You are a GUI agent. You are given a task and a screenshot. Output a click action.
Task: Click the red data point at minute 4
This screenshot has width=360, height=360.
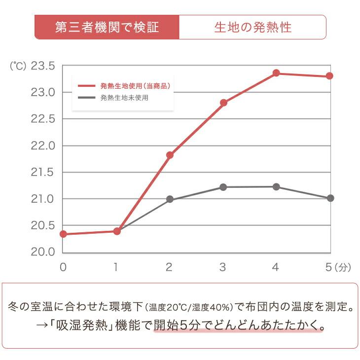pyautogui.click(x=276, y=73)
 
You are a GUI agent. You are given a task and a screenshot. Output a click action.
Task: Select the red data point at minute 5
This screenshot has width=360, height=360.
pyautogui.click(x=329, y=76)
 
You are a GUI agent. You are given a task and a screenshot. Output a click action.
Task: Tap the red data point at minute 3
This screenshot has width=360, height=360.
pyautogui.click(x=223, y=103)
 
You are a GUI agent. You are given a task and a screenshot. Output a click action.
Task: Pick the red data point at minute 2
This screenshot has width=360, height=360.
pyautogui.click(x=170, y=155)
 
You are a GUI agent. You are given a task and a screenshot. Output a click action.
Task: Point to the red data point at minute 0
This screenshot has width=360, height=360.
pyautogui.click(x=63, y=234)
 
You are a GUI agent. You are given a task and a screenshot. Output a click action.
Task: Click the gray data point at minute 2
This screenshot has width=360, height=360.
pyautogui.click(x=170, y=199)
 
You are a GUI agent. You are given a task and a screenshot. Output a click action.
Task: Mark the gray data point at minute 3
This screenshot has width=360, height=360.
pyautogui.click(x=223, y=187)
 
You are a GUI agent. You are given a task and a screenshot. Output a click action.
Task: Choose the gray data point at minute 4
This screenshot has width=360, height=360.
pyautogui.click(x=276, y=187)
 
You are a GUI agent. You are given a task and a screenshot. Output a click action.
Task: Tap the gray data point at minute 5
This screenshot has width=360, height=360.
pyautogui.click(x=330, y=198)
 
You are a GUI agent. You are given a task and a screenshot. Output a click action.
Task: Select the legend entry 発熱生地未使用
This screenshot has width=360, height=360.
pyautogui.click(x=124, y=98)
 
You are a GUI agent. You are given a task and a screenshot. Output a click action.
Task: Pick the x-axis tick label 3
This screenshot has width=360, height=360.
pyautogui.click(x=223, y=267)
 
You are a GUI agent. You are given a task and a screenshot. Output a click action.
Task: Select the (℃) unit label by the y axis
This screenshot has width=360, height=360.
pyautogui.click(x=18, y=66)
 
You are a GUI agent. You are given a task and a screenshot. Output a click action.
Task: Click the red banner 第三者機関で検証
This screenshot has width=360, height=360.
pyautogui.click(x=107, y=27)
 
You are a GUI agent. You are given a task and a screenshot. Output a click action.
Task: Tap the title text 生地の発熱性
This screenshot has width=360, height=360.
pyautogui.click(x=252, y=27)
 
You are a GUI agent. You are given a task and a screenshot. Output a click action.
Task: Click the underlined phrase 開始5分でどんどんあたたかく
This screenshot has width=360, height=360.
pyautogui.click(x=239, y=326)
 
